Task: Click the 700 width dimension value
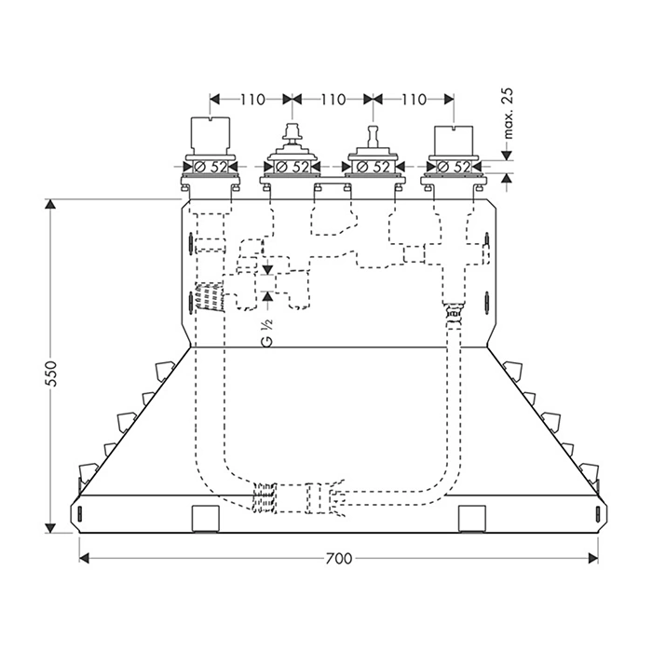click(338, 559)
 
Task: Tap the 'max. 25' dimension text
click(509, 113)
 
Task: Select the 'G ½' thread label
click(267, 333)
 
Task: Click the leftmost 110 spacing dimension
click(252, 100)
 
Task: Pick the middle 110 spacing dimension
click(333, 100)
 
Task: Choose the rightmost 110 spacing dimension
click(414, 100)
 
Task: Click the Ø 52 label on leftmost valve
click(211, 167)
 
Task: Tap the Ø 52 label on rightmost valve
click(454, 167)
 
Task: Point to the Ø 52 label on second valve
click(292, 167)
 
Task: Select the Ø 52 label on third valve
click(373, 167)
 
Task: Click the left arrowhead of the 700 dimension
click(84, 559)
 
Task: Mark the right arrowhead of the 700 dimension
click(593, 559)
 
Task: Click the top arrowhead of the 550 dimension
click(50, 205)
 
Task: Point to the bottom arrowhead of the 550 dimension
click(50, 528)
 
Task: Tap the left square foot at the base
click(206, 519)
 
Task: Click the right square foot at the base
click(472, 519)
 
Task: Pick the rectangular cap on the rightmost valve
click(454, 140)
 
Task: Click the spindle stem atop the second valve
click(292, 133)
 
